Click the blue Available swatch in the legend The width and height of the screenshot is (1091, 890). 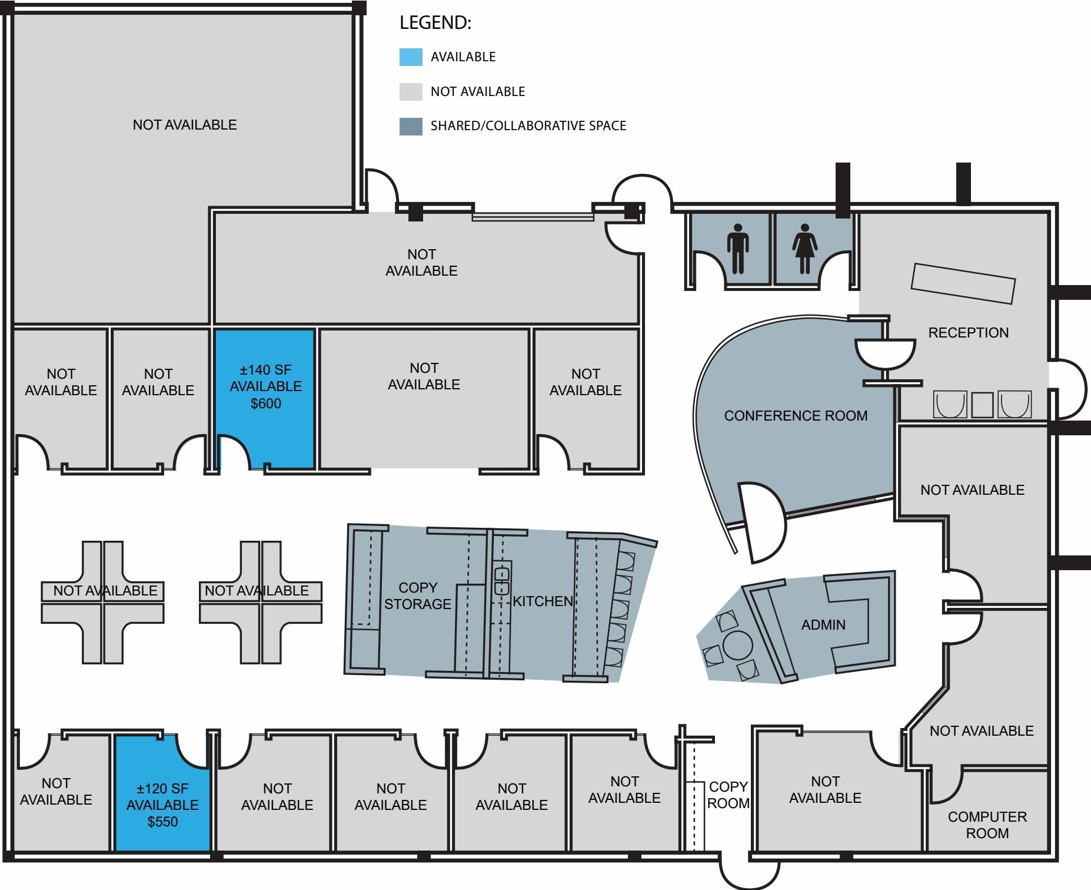point(411,57)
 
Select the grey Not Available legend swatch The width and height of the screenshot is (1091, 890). point(411,91)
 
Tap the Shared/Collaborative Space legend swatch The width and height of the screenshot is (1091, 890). point(411,126)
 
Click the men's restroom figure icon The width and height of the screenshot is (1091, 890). point(738,249)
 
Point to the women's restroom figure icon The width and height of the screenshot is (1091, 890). point(804,249)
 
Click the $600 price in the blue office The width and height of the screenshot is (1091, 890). point(266,403)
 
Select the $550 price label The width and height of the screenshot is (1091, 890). point(162,822)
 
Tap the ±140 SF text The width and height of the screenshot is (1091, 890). point(265,370)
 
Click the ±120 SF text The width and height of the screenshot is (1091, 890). point(162,788)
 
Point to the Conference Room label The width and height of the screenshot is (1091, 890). point(796,416)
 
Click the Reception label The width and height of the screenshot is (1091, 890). point(968,333)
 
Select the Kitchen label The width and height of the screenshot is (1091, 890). point(543,601)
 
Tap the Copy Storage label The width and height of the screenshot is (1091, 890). point(418,595)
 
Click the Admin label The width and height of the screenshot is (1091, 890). point(823,625)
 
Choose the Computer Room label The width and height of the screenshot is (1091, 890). point(987,825)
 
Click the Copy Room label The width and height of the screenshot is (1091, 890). point(728,795)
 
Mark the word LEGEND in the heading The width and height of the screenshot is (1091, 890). point(435,23)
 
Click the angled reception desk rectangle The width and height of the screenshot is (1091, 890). point(963,283)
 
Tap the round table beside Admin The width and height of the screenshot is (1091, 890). point(737,645)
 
